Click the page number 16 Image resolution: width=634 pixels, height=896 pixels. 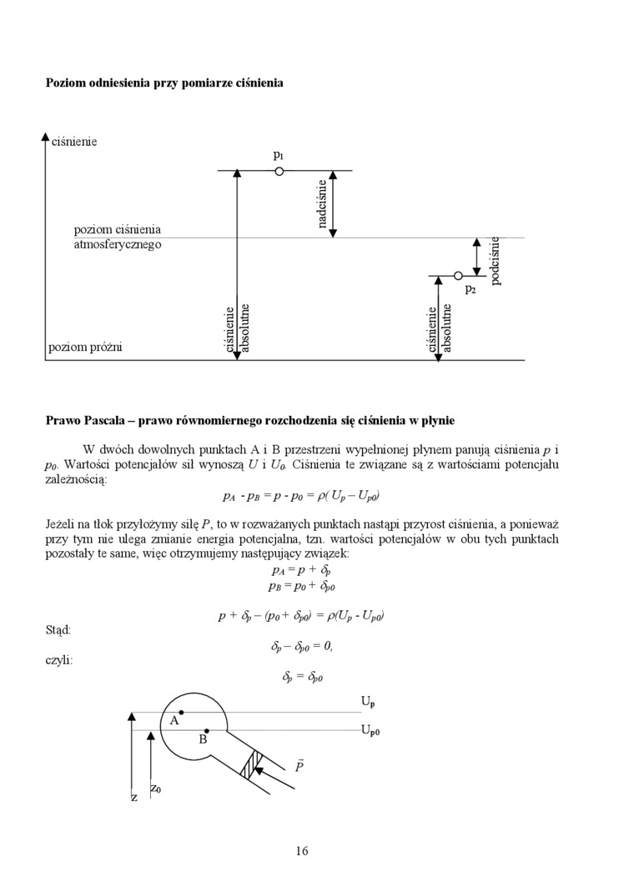click(x=302, y=851)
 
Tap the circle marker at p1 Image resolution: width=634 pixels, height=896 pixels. click(x=279, y=171)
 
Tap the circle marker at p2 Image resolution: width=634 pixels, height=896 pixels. click(x=458, y=275)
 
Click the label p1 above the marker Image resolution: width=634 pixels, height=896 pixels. click(x=279, y=155)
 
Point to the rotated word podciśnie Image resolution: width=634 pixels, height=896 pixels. click(x=496, y=260)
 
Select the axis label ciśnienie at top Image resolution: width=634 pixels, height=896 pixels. click(x=74, y=142)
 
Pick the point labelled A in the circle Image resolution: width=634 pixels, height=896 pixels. click(x=181, y=713)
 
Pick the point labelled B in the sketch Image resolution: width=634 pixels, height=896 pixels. click(x=207, y=731)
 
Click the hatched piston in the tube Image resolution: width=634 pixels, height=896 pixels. click(x=251, y=763)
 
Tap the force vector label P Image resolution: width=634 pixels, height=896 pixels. click(x=298, y=765)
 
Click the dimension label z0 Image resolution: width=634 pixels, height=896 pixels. click(x=156, y=788)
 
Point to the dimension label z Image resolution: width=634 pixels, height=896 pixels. click(x=133, y=798)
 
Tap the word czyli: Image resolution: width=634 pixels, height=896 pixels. click(x=58, y=660)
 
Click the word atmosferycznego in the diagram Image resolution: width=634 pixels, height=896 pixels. click(x=117, y=245)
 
